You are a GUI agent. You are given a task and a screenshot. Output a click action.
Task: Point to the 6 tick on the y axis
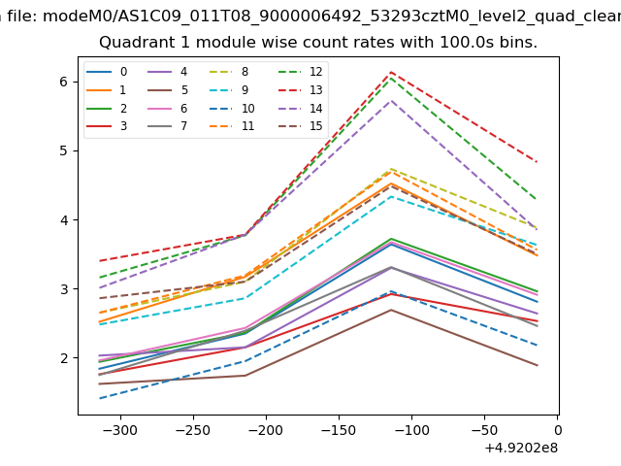point(65,82)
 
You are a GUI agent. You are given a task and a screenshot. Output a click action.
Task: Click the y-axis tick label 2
point(65,358)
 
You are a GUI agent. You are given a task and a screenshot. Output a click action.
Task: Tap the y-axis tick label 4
point(65,220)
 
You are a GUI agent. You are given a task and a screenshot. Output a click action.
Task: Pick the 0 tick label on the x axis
point(557,429)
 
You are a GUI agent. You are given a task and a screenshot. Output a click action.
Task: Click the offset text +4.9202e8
point(519,448)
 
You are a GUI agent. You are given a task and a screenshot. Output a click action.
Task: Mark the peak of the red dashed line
point(391,72)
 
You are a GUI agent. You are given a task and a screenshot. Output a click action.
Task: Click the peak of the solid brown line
point(391,310)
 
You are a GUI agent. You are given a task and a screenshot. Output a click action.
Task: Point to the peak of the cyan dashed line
point(391,196)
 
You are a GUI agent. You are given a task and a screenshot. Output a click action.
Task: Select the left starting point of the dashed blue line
point(100,398)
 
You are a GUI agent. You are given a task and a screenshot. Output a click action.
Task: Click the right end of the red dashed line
point(537,161)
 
